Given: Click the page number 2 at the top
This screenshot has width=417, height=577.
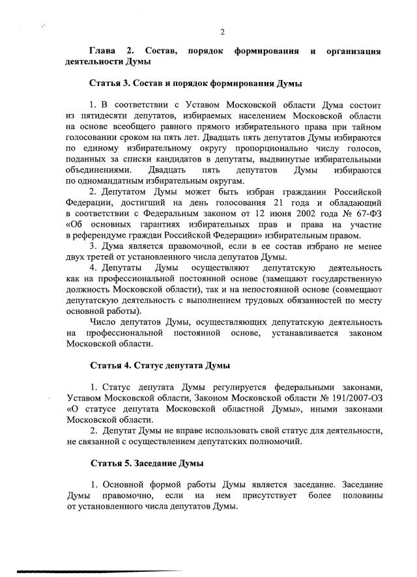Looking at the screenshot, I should (x=222, y=32).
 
